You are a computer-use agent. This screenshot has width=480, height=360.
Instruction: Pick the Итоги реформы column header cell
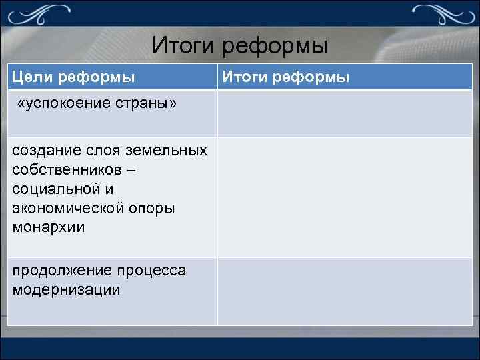(x=344, y=77)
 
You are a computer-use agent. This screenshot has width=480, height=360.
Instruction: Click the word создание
(x=44, y=151)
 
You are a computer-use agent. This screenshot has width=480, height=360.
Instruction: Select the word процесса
(x=152, y=271)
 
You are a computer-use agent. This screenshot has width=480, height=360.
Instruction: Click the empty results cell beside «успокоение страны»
(x=344, y=113)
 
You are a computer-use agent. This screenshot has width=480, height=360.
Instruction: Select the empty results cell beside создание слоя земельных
(x=344, y=197)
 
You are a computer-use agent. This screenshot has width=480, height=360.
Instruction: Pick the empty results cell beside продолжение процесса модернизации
(x=344, y=291)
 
